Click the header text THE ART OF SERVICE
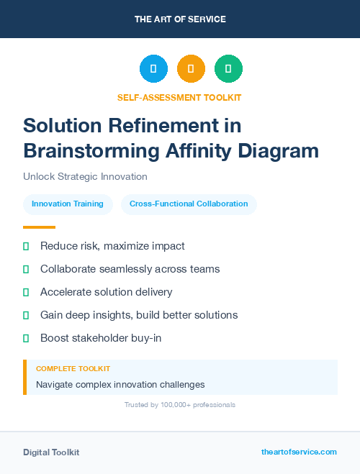click(x=180, y=19)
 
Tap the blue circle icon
click(x=153, y=69)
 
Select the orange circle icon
click(x=191, y=69)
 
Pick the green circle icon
click(x=228, y=69)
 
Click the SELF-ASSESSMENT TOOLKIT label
click(x=179, y=97)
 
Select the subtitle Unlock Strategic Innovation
click(x=85, y=176)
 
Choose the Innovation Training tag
click(x=68, y=204)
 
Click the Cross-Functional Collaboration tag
click(x=189, y=204)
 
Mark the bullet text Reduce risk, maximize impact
click(x=112, y=246)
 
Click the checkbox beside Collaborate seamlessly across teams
click(x=26, y=269)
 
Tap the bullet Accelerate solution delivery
click(x=106, y=292)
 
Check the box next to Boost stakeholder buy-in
click(x=26, y=338)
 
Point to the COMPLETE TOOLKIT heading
click(x=73, y=368)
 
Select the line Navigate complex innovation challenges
click(x=120, y=385)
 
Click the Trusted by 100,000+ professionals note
click(x=179, y=405)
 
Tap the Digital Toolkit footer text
click(x=51, y=452)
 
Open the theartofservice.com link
click(x=299, y=452)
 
